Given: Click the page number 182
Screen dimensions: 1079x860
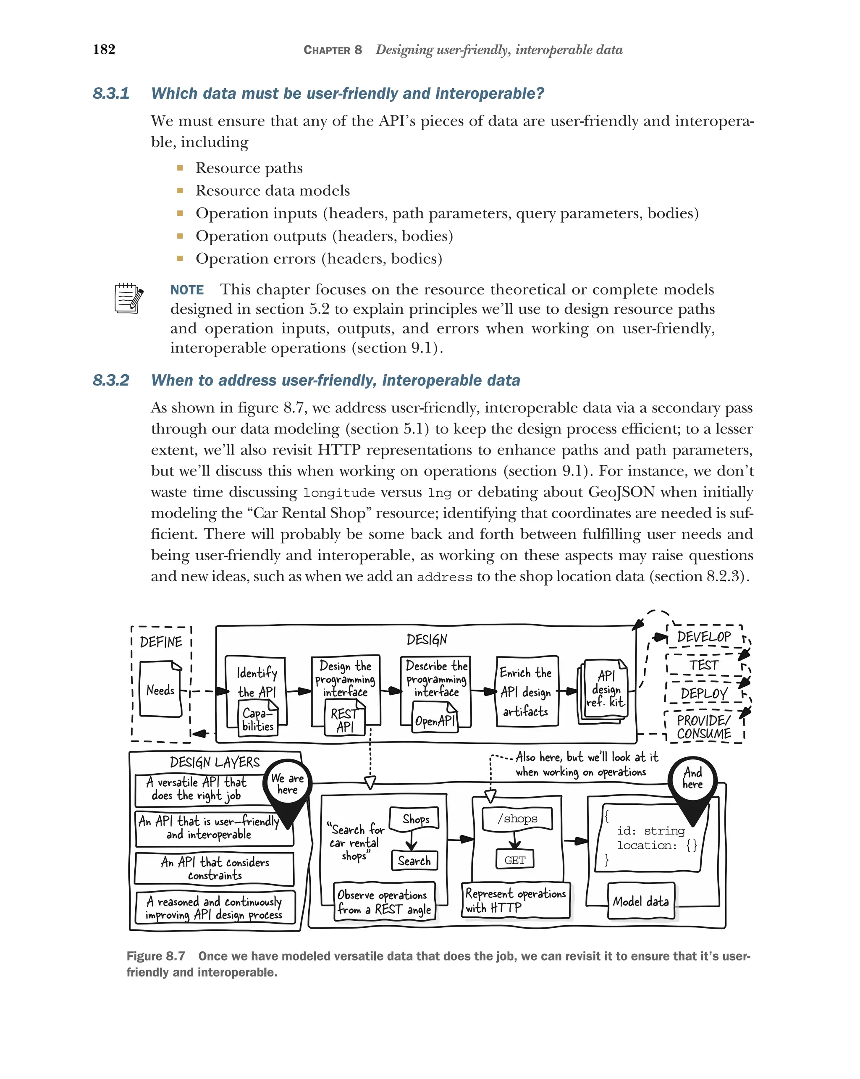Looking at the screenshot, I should click(104, 49).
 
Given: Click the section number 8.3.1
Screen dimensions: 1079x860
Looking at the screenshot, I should click(111, 94).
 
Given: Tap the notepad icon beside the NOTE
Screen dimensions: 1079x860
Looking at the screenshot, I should click(128, 298).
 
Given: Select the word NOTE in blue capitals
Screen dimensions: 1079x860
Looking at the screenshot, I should click(187, 290).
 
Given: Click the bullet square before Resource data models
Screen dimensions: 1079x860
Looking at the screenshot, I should click(180, 191).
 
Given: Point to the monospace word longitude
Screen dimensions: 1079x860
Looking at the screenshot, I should click(339, 493).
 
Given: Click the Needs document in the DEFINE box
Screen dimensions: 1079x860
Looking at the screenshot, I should click(160, 689).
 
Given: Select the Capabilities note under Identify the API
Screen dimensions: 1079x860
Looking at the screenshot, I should click(258, 719).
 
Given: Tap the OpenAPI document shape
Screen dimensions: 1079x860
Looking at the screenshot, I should click(435, 718).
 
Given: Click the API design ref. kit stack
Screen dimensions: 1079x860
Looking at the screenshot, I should click(604, 690).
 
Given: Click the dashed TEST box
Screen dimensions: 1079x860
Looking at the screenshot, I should click(703, 665).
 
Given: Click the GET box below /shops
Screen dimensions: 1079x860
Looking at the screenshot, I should click(514, 860).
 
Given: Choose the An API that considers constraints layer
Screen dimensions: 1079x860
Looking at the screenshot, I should click(215, 868).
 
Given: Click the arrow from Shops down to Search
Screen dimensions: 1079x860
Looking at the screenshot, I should click(411, 841).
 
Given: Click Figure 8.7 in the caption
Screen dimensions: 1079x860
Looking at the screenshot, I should click(156, 956).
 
